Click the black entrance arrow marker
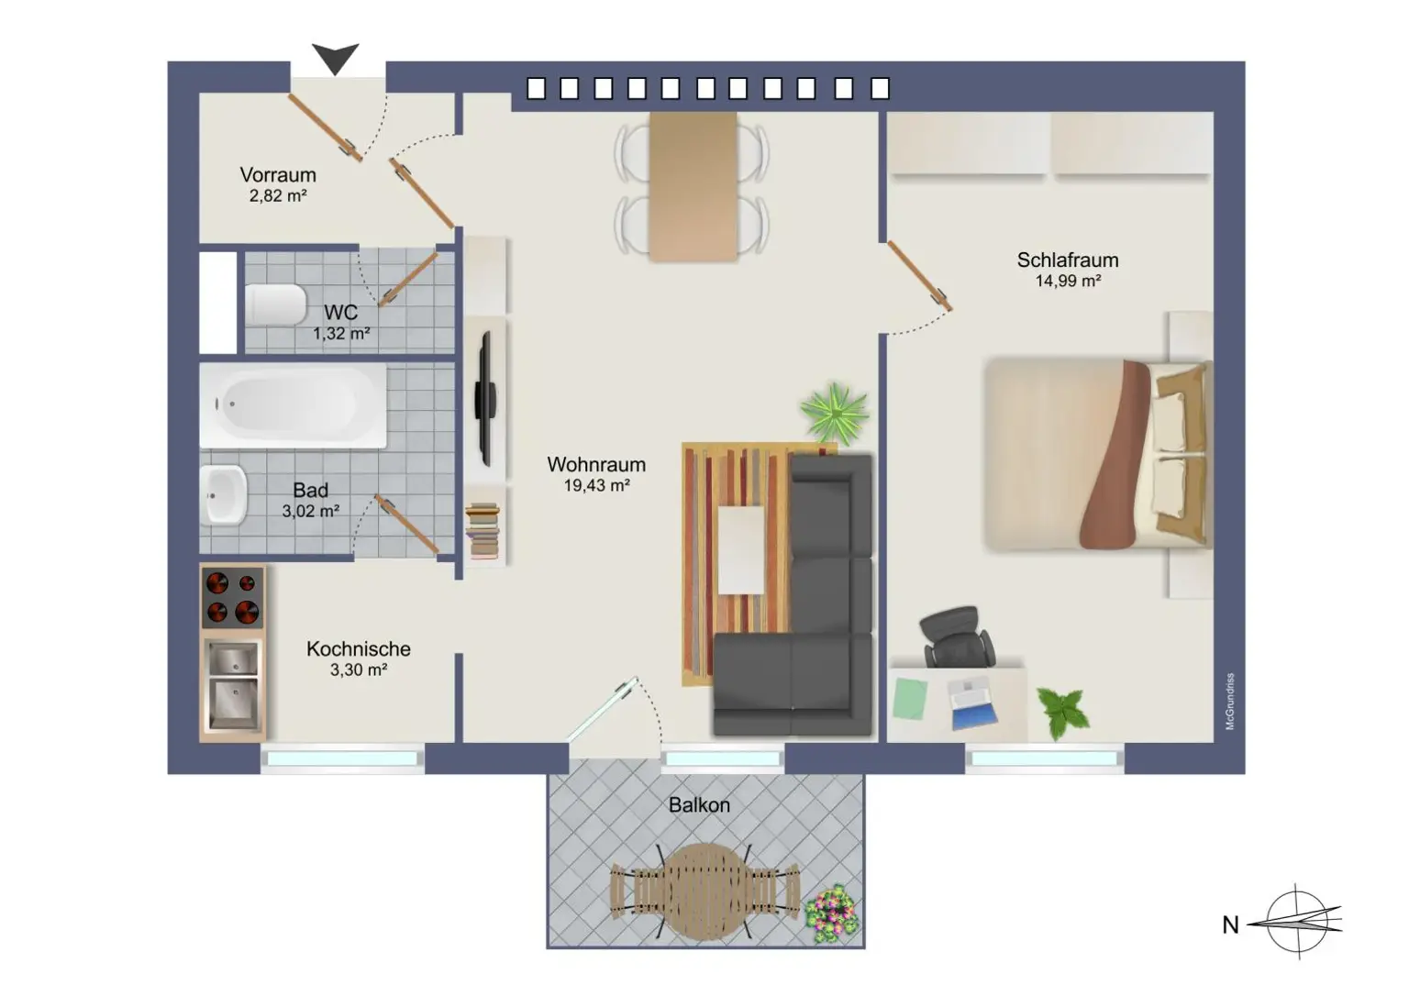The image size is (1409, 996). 335,58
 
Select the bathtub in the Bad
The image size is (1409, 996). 292,405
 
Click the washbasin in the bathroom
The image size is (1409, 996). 223,495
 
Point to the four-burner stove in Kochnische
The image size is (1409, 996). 232,597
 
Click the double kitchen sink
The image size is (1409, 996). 232,683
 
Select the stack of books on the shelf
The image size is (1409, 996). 483,531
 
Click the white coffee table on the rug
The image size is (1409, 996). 740,550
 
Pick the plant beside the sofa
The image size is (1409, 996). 834,413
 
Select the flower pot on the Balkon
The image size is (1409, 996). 831,913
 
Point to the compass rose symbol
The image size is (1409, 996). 1297,922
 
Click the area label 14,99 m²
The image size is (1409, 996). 1068,282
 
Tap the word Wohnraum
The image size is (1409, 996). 596,465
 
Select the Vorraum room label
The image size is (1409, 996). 278,175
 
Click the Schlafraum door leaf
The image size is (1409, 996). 918,274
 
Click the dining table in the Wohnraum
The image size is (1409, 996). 693,186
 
